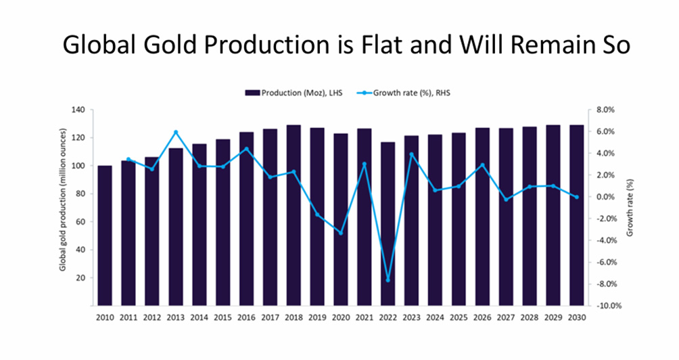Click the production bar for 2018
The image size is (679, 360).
294,215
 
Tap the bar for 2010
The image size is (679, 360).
105,235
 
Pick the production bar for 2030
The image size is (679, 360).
577,215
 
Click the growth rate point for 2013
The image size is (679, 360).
176,132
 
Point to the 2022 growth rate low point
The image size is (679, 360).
388,279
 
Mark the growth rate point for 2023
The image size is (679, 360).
411,154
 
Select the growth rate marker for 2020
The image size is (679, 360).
341,233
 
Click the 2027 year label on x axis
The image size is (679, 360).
506,317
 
